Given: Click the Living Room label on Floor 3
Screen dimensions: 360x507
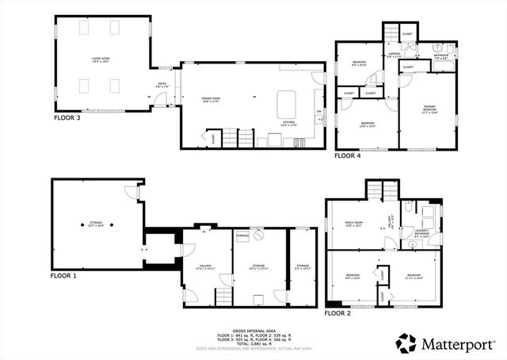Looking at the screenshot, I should pyautogui.click(x=100, y=59).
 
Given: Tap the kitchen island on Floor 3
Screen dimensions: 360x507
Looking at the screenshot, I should pyautogui.click(x=285, y=104).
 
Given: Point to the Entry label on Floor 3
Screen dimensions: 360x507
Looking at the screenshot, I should pyautogui.click(x=162, y=86).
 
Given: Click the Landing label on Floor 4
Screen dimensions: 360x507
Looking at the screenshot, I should pyautogui.click(x=394, y=55).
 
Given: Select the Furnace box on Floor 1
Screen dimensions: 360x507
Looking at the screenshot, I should pyautogui.click(x=242, y=236).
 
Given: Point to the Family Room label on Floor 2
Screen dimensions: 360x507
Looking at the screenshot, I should pyautogui.click(x=353, y=224).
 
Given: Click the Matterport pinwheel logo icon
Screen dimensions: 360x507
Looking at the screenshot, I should pyautogui.click(x=406, y=343).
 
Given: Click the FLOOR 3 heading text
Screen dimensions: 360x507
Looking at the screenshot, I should pyautogui.click(x=67, y=117).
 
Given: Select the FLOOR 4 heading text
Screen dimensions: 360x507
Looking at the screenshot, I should pyautogui.click(x=347, y=156).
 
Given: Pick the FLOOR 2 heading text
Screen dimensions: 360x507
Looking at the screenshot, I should pyautogui.click(x=337, y=312).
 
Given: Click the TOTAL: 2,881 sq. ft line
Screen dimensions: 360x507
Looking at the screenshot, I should pyautogui.click(x=253, y=343).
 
